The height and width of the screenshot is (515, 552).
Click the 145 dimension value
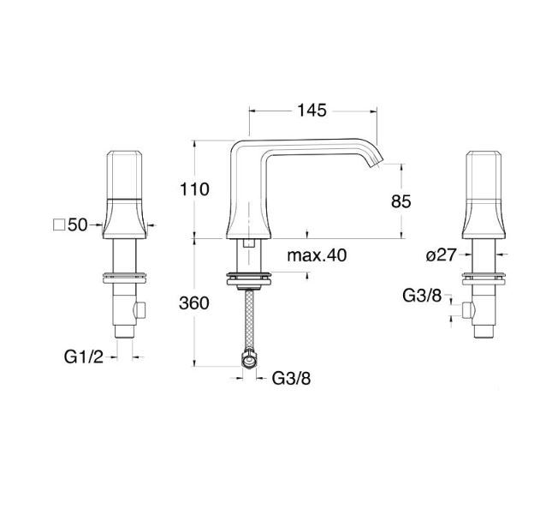coord(312,111)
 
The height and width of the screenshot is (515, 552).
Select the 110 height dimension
coord(194,189)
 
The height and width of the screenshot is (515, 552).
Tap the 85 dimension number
coord(401,201)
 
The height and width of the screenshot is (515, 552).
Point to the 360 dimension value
coord(194,303)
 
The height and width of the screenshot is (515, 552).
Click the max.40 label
coord(317,255)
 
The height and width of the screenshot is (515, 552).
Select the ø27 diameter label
coord(441,255)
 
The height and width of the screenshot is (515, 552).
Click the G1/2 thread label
coord(84,356)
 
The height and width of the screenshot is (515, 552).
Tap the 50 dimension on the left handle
coord(77,225)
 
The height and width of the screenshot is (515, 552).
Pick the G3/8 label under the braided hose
coord(292,379)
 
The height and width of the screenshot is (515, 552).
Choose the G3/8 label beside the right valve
coord(422,296)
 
